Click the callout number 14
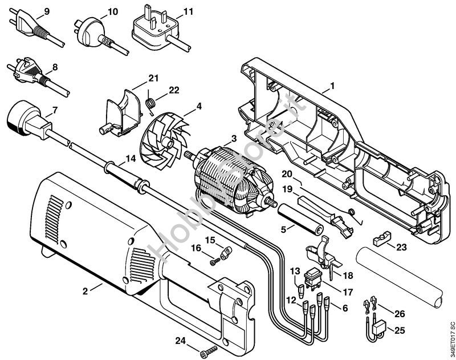pos(131,159)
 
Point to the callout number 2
pos(85,290)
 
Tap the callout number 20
pos(287,173)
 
